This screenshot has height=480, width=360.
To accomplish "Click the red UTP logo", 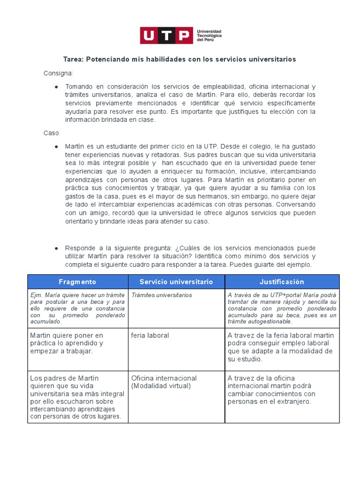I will [x=166, y=36].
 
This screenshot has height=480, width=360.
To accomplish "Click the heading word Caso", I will [x=51, y=133].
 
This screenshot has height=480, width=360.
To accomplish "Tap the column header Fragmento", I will [x=77, y=282].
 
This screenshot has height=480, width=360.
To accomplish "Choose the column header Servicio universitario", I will [x=176, y=282].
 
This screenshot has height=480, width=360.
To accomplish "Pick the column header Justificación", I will [x=282, y=282].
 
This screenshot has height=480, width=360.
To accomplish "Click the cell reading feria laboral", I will [x=150, y=336].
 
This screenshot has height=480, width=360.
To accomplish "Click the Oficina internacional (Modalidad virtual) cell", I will [x=164, y=382].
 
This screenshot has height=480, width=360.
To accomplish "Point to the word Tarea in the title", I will [x=74, y=60].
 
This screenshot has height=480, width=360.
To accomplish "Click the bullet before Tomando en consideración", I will [x=56, y=87].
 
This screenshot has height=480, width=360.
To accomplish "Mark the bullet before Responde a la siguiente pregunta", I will [x=56, y=248].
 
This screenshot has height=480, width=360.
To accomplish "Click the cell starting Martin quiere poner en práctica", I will [x=67, y=343].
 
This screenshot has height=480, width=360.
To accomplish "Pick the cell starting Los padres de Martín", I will [x=76, y=397].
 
